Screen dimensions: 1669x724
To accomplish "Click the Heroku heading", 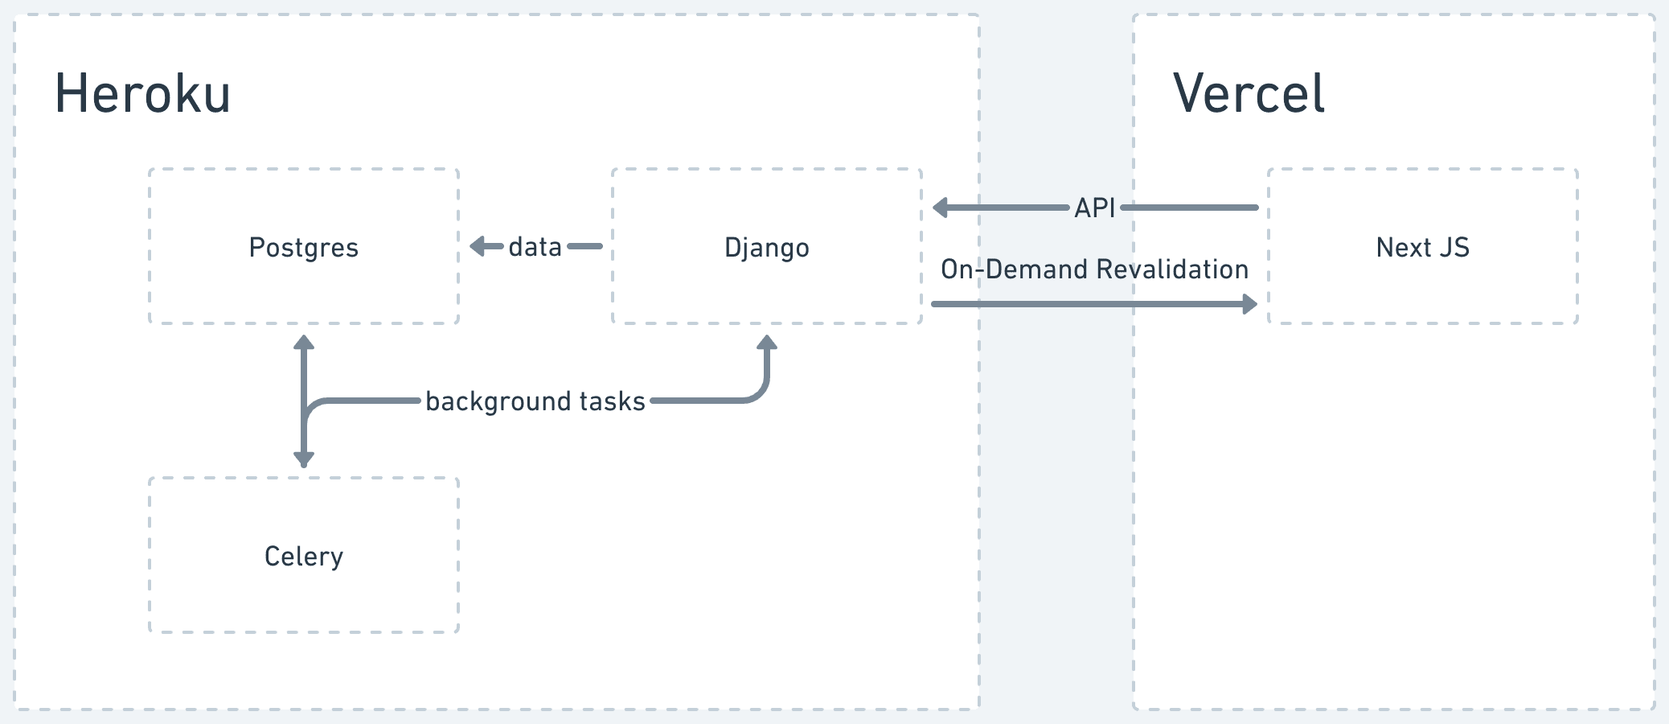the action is click(142, 93).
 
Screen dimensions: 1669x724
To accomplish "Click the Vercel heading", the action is click(1249, 93).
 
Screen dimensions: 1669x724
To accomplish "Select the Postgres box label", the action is click(304, 248).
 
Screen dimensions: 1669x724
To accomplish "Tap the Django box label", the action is click(767, 248).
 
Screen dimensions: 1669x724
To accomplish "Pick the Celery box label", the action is click(304, 557).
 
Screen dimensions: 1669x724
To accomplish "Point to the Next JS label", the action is click(1423, 247).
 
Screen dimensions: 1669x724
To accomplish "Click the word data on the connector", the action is click(535, 246).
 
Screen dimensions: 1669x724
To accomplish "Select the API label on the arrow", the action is click(1095, 208).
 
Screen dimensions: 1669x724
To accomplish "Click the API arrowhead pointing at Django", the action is click(941, 208).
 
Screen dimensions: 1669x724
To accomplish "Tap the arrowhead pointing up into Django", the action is click(767, 343).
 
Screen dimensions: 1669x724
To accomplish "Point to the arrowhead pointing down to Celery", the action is click(304, 459).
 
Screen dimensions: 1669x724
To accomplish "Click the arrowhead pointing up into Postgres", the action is click(304, 343).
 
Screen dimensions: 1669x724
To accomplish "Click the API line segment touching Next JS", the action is click(1190, 208).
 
